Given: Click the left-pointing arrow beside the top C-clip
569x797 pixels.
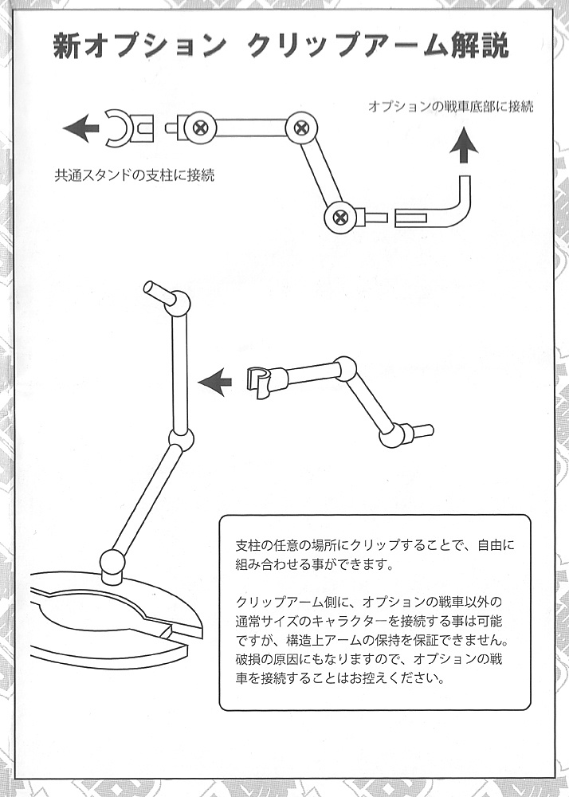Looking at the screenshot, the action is pos(81,128).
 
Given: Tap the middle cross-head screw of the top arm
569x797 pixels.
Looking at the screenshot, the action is pos(301,127).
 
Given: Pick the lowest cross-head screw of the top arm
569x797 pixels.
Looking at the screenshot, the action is pos(339,218).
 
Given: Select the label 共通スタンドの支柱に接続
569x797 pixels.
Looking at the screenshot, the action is pos(135,175).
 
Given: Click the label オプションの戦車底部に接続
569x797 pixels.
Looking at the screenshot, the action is pos(450,106).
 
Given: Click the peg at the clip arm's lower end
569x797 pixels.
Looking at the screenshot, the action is pos(418,432).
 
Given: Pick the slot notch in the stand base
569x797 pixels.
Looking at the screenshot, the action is pos(166,634).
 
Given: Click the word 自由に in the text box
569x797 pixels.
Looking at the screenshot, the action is pos(496,546).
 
